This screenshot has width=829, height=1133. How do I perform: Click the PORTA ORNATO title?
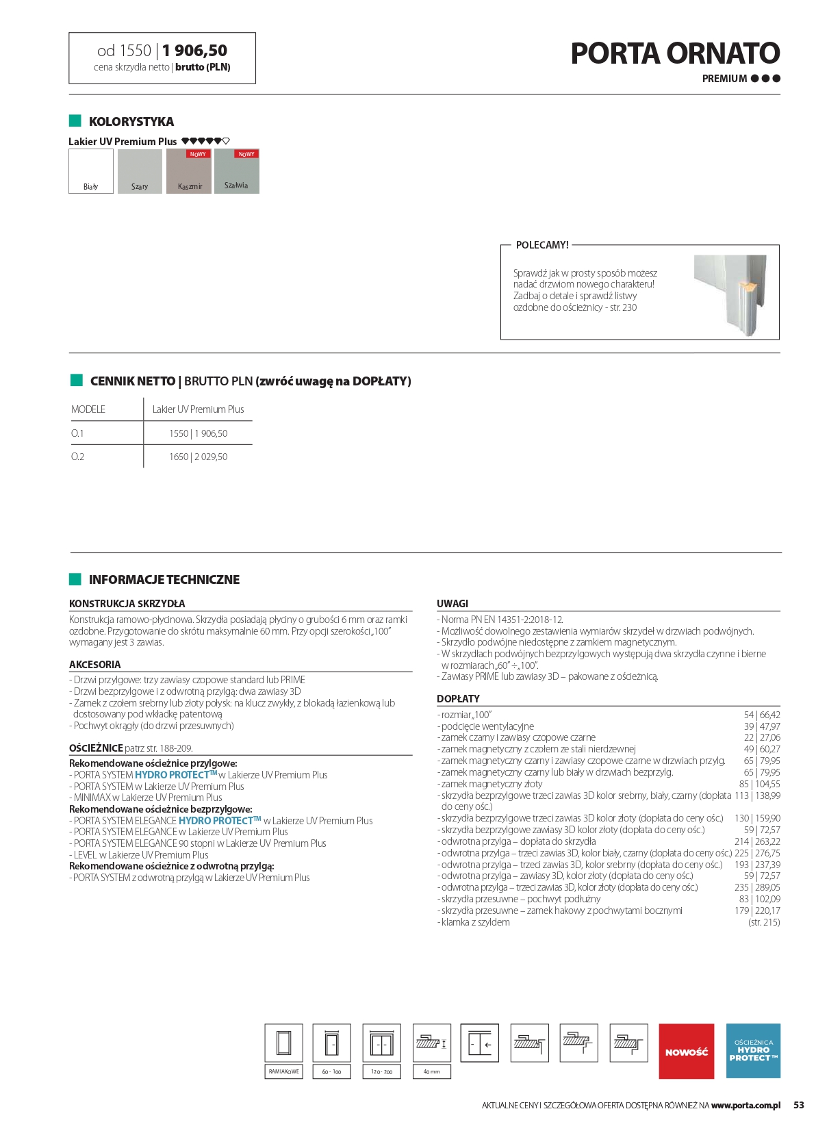pos(675,53)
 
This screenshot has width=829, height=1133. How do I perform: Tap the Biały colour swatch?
pos(91,171)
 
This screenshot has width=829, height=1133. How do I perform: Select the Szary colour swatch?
pos(140,171)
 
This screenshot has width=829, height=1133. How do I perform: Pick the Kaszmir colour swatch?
pos(190,171)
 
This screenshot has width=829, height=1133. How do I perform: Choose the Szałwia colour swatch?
pos(237,171)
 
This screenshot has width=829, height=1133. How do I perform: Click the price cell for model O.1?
pos(198,433)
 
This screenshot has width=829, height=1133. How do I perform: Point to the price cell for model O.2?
pos(198,457)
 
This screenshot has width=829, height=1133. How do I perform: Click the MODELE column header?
pos(88,409)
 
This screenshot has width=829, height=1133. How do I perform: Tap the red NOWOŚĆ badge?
pos(686,1051)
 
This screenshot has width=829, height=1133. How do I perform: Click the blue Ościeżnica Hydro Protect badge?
pos(753,1051)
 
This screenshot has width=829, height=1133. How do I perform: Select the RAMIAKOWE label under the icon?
pos(283,1071)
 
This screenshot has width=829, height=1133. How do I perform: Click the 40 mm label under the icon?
pos(431,1071)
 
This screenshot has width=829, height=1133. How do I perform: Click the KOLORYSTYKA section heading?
pos(131,122)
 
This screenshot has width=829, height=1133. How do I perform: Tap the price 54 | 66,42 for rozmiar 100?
pos(762,715)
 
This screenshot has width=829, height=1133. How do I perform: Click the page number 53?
pos(799,1105)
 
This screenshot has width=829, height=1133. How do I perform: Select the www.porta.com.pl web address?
pos(745,1105)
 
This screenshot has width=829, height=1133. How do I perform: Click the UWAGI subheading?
pos(452,604)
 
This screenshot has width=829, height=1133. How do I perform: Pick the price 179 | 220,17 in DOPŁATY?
pos(757,911)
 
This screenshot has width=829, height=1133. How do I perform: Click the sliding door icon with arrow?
pos(479,1043)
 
